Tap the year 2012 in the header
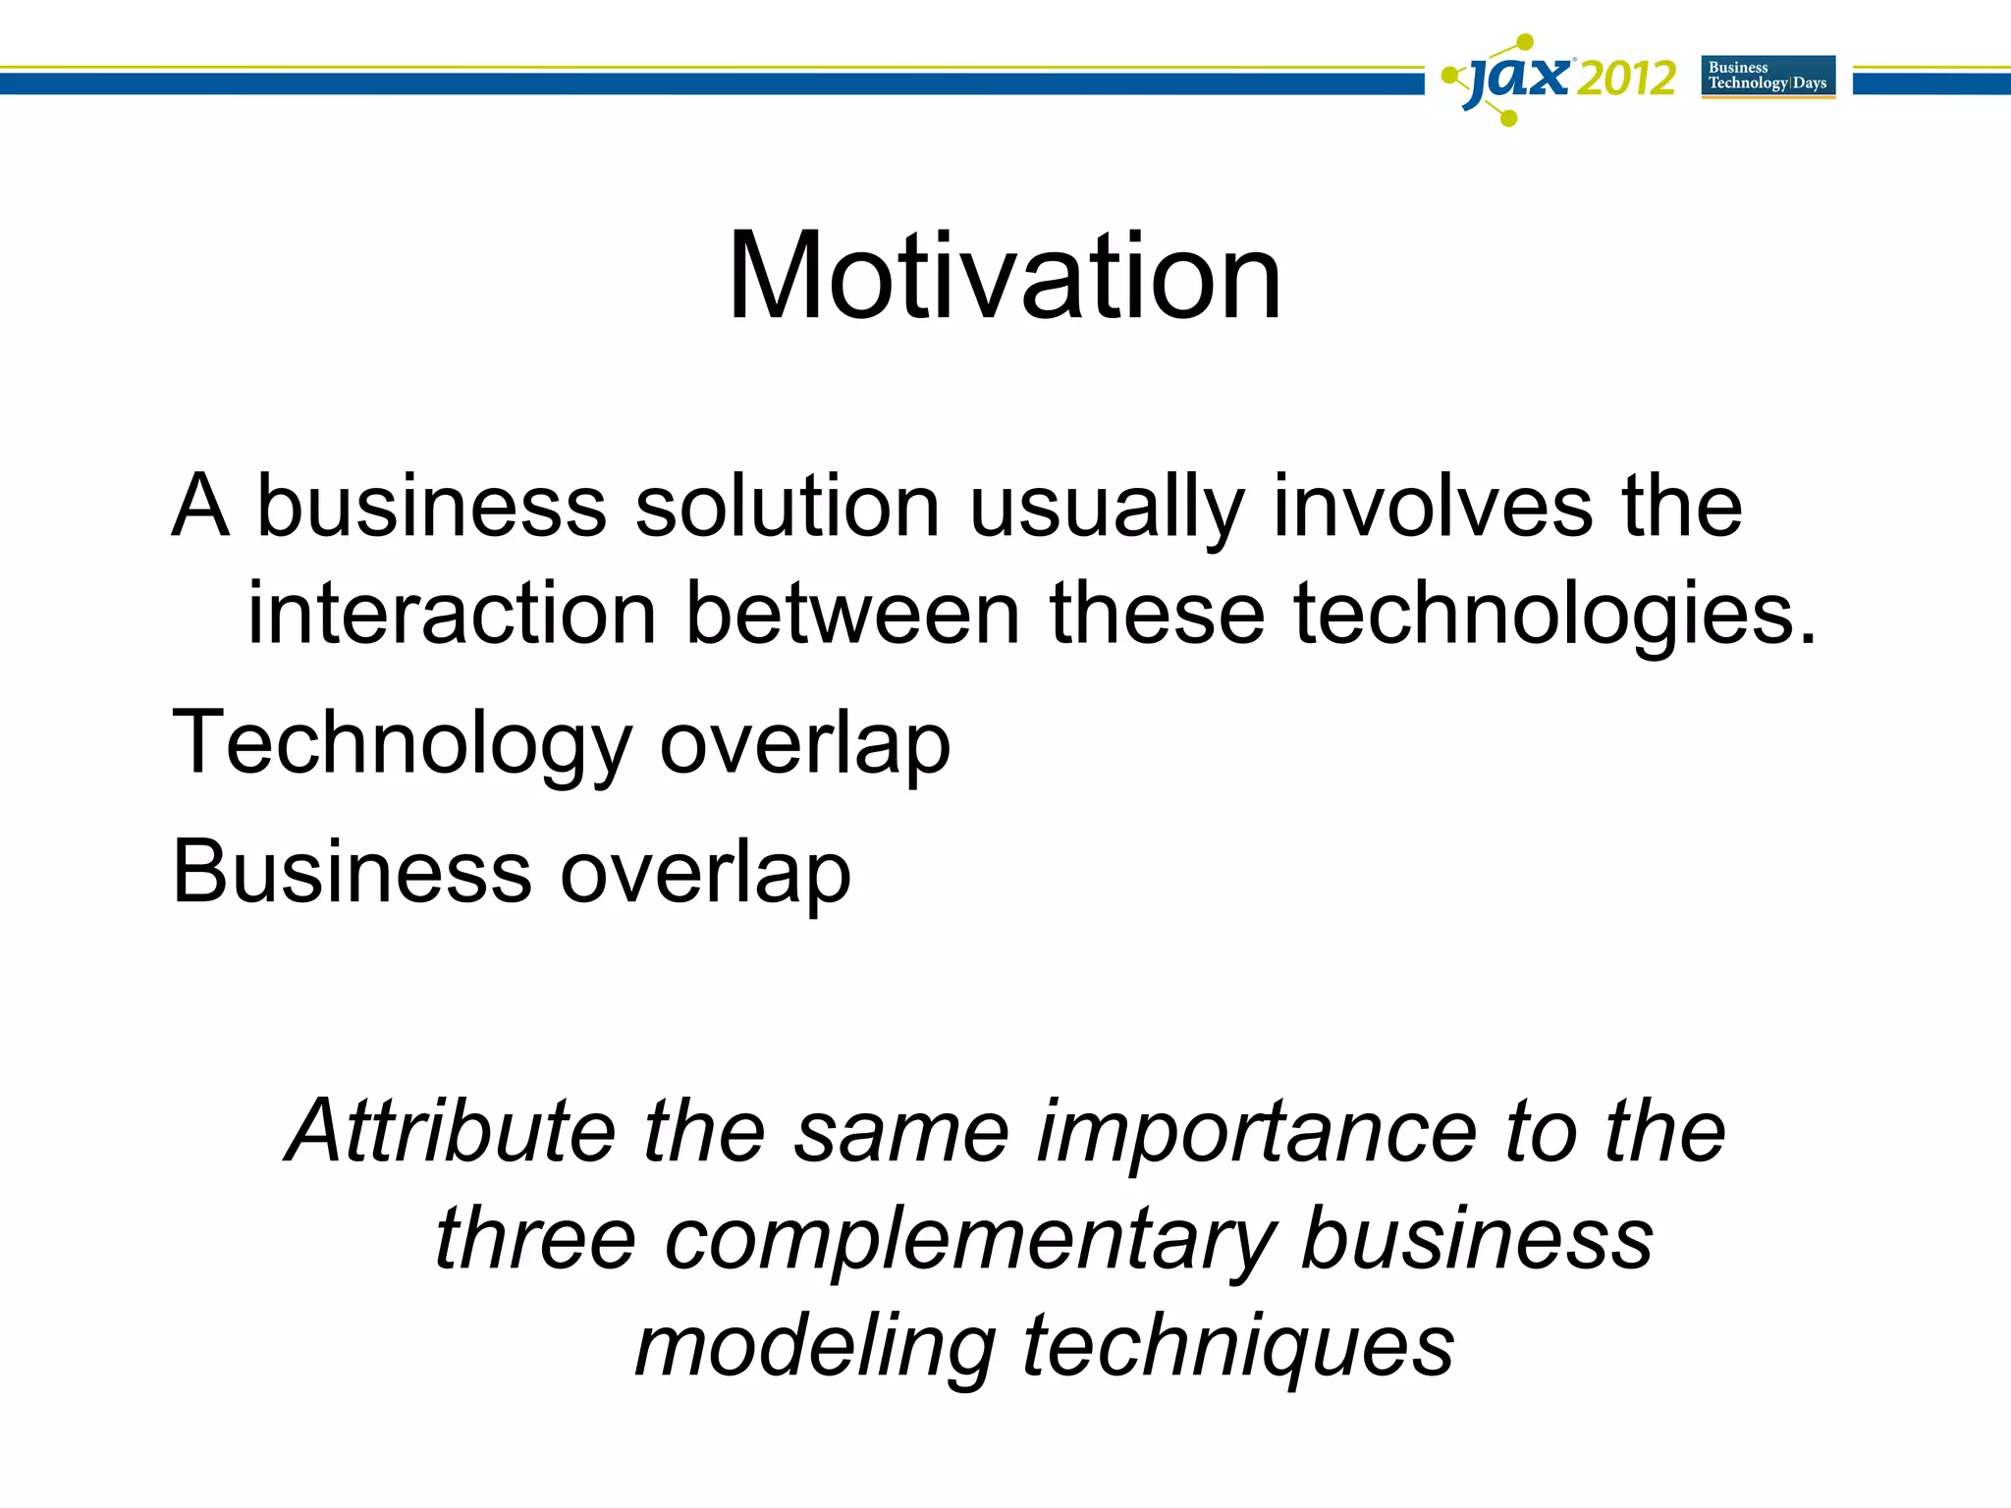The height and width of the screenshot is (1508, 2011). coord(1626,79)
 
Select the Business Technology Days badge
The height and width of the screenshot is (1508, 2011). coord(1767,77)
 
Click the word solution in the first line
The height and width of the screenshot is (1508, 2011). coord(788,507)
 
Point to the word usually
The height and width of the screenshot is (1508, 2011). coord(1107,507)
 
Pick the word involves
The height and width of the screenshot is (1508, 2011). coord(1433,507)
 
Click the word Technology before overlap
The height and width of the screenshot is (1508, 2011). coord(402,743)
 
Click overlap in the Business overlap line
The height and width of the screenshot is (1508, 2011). coord(705,872)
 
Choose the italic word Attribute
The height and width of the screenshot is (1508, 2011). coord(451,1131)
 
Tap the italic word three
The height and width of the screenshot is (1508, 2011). coord(535,1239)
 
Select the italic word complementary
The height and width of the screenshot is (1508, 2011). coord(969,1239)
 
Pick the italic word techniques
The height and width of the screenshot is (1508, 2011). coord(1238,1347)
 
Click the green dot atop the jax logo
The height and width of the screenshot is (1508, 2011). coord(1524,42)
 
